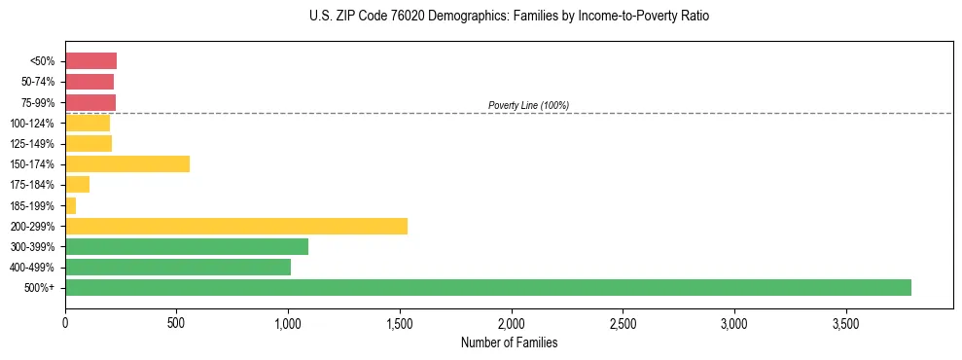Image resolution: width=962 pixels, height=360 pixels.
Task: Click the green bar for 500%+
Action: [x=487, y=287]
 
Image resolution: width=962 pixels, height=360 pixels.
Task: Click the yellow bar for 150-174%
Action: [x=127, y=163]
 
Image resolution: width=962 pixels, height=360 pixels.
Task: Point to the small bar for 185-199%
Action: [x=71, y=205]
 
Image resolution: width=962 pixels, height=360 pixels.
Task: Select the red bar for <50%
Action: [x=90, y=60]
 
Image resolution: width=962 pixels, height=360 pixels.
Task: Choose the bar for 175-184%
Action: [x=78, y=184]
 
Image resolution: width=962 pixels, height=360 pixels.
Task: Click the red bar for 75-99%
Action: [x=90, y=102]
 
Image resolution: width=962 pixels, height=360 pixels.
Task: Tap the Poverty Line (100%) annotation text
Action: [x=528, y=105]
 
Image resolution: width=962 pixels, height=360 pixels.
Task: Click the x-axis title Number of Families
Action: [x=509, y=342]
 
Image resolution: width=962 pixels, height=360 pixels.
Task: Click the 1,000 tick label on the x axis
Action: [x=288, y=323]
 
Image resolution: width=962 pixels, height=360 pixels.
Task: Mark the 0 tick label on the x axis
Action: [x=65, y=323]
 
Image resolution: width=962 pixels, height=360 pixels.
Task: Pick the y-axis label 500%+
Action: [x=40, y=288]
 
